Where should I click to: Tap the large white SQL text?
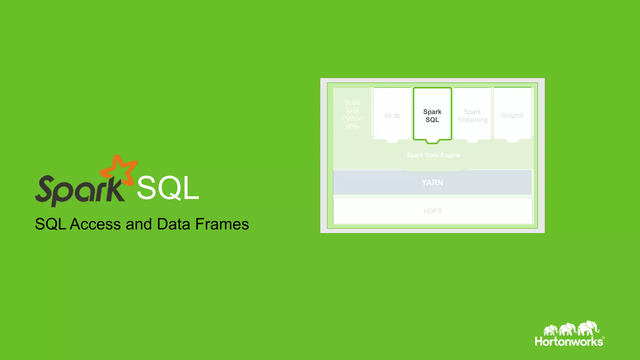click(x=168, y=188)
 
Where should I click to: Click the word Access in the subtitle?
click(x=95, y=224)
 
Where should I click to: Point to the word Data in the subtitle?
click(x=173, y=224)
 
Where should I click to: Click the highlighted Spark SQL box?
click(x=432, y=115)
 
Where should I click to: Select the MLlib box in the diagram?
click(x=392, y=115)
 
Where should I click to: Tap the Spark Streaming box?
click(x=472, y=115)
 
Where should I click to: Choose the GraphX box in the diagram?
click(x=512, y=115)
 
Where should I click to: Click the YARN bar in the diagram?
click(x=432, y=182)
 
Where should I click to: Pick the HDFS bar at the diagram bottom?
click(x=432, y=211)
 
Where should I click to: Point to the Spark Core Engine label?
click(x=433, y=155)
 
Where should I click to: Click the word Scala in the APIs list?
click(x=352, y=102)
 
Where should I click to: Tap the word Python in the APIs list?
click(x=352, y=118)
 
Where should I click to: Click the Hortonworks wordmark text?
click(x=569, y=341)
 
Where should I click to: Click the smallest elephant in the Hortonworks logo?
click(x=550, y=330)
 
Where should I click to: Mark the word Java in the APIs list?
click(x=352, y=110)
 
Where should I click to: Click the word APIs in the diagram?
click(x=352, y=126)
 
